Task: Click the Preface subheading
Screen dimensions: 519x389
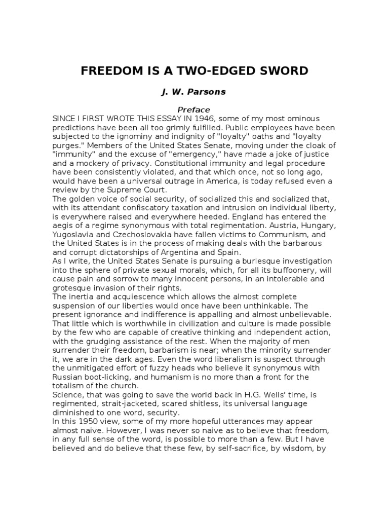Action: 193,109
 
